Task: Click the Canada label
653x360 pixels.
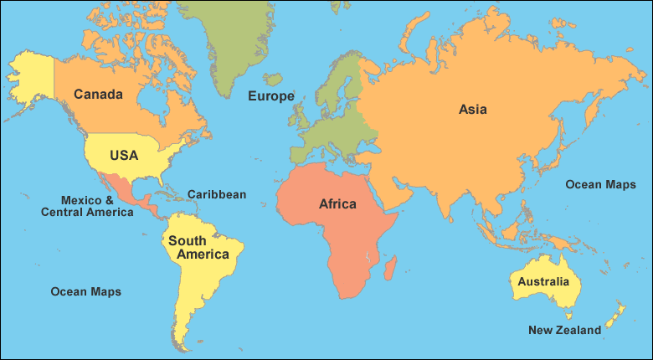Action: coord(98,94)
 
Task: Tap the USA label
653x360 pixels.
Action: coord(123,155)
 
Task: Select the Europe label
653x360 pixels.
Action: coord(270,96)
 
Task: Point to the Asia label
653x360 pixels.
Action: coord(472,109)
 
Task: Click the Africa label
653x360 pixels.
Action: coord(337,203)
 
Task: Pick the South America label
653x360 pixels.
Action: coord(198,247)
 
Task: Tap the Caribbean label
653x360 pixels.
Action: coord(216,194)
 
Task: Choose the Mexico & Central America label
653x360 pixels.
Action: coord(87,206)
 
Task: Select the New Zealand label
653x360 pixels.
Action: coord(564,330)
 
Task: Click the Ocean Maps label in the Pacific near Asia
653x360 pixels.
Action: coord(600,184)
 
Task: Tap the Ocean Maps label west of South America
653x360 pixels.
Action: coord(85,291)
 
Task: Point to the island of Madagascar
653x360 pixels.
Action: coord(390,268)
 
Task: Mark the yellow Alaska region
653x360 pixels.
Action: coord(29,75)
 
